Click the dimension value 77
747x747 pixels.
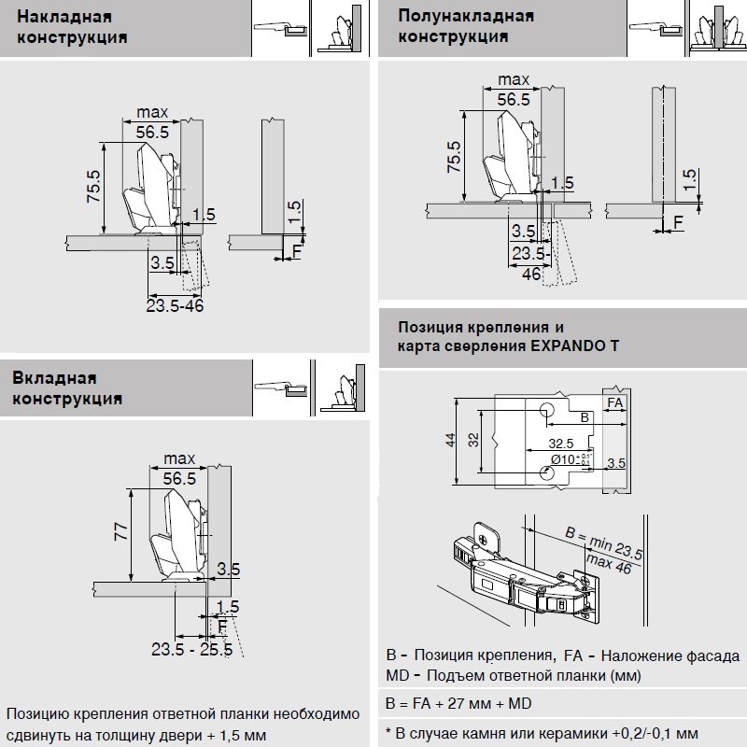pyautogui.click(x=120, y=532)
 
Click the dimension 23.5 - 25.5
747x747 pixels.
pyautogui.click(x=191, y=649)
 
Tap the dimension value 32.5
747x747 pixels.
pyautogui.click(x=560, y=444)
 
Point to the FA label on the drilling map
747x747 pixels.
pyautogui.click(x=615, y=402)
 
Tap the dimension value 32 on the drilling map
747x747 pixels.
pyautogui.click(x=474, y=440)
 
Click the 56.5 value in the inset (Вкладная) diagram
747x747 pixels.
pyautogui.click(x=177, y=478)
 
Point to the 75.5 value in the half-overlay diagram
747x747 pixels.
pyautogui.click(x=454, y=157)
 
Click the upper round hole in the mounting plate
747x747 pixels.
pyautogui.click(x=546, y=411)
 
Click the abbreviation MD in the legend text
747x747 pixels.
pyautogui.click(x=396, y=675)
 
